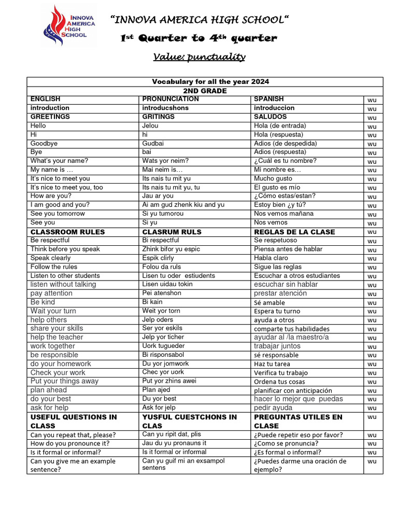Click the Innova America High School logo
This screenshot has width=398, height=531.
[x=69, y=25]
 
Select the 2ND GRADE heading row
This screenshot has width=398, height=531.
[x=205, y=91]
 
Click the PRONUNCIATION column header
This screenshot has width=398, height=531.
[x=170, y=99]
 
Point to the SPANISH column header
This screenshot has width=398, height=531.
[x=269, y=99]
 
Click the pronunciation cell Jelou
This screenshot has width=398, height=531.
[x=151, y=125]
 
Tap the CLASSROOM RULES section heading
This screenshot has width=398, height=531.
[x=67, y=232]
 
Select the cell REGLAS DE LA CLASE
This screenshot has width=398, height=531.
[x=294, y=232]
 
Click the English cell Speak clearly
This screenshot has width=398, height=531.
[x=51, y=258]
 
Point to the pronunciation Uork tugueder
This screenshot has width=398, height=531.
[x=163, y=346]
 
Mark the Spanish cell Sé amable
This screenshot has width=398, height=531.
[x=269, y=302]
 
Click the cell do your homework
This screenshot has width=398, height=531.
[x=61, y=364]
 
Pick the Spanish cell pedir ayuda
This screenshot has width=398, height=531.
[x=273, y=408]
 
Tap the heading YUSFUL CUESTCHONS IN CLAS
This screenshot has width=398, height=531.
[x=189, y=421]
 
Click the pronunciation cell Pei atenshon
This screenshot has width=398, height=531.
[x=162, y=293]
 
